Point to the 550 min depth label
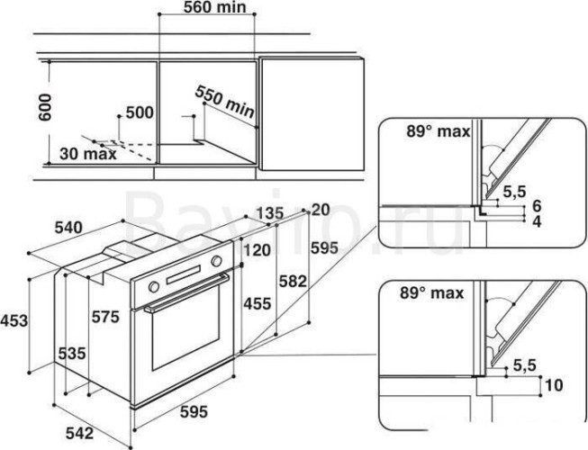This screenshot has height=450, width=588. (226, 102)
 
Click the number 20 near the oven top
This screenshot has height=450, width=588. (321, 210)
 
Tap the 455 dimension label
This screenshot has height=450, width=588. (259, 304)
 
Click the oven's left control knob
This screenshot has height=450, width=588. (153, 285)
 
